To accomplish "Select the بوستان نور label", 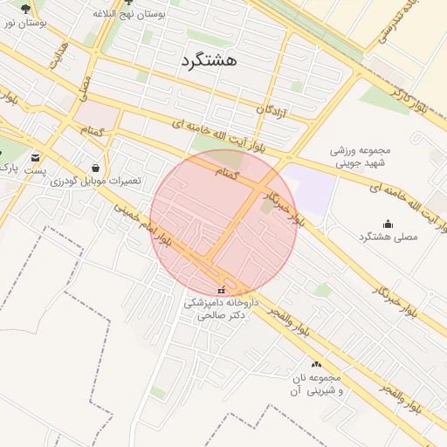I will pos(23,22).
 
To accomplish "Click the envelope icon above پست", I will pos(35,157).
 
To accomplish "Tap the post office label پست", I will pos(35,171).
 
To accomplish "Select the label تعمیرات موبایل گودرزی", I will pos(95,181).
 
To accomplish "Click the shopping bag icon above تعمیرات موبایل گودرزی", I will pos(95,167).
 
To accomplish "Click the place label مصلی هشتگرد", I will pos(389,237).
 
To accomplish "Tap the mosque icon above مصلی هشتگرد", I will pos(388,223).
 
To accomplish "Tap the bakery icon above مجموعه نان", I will pos(316,363).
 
